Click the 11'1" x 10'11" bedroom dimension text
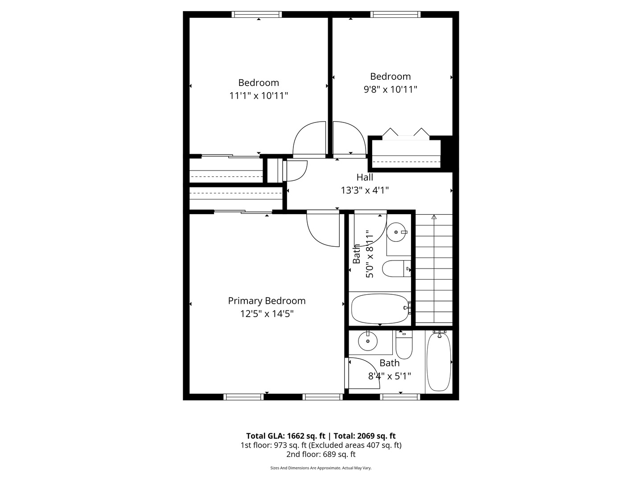click(x=259, y=95)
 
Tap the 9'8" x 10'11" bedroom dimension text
click(x=390, y=89)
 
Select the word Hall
click(x=365, y=177)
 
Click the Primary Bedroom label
click(x=267, y=301)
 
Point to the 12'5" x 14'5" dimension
click(x=267, y=314)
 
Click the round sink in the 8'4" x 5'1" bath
click(x=368, y=342)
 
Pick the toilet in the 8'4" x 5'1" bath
click(x=404, y=345)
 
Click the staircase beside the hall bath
click(x=434, y=269)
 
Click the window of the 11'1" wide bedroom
click(x=257, y=15)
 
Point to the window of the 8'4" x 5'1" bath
click(x=400, y=396)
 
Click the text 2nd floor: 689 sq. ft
click(x=321, y=454)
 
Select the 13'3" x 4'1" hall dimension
click(x=365, y=190)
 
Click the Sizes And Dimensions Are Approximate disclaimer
click(x=321, y=468)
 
